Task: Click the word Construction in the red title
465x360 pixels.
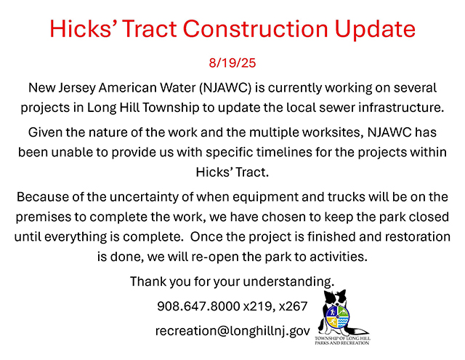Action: (x=256, y=28)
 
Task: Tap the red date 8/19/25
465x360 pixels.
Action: (x=232, y=63)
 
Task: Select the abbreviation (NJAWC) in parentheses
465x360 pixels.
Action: (x=225, y=88)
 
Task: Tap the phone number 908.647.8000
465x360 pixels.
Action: (x=198, y=306)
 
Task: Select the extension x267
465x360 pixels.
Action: (x=293, y=306)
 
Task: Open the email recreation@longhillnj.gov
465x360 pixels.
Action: (x=232, y=331)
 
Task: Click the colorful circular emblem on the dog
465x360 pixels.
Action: (x=338, y=316)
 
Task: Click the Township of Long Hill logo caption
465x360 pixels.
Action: (x=342, y=340)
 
